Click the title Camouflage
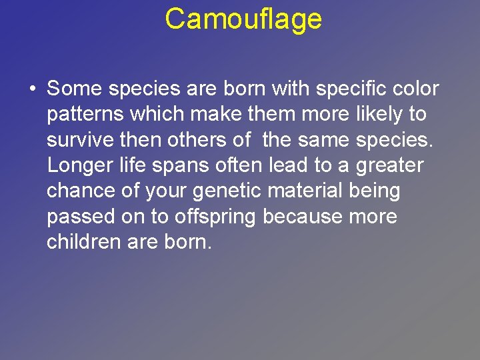click(x=243, y=19)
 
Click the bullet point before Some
click(x=31, y=89)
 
